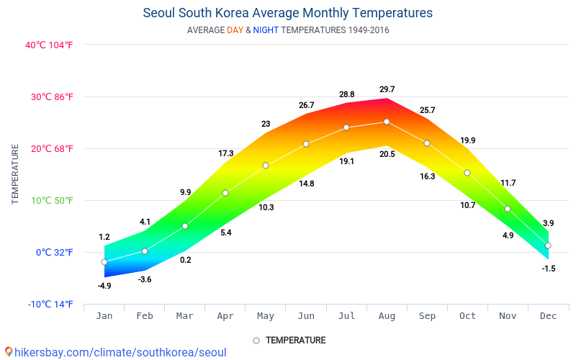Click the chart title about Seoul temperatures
click(288, 13)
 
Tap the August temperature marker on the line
click(387, 122)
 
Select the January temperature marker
click(104, 262)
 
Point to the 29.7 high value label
click(387, 89)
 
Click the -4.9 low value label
click(104, 286)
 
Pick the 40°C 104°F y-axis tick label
click(49, 45)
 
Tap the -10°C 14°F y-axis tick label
click(50, 304)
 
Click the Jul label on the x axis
click(346, 316)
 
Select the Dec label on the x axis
click(548, 316)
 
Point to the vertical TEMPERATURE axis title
click(15, 174)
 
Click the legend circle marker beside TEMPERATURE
click(256, 340)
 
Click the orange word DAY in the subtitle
click(235, 30)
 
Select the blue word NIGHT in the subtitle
click(266, 30)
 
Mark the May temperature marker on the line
click(266, 166)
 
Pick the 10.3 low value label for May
click(266, 207)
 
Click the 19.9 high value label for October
click(467, 140)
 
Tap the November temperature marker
click(508, 209)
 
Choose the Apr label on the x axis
click(225, 316)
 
